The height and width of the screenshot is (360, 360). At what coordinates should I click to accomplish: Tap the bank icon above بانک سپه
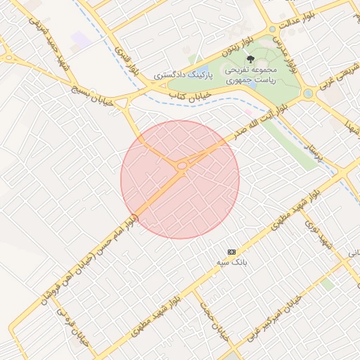pos(231,251)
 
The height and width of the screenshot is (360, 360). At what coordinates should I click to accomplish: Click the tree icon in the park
pos(250,60)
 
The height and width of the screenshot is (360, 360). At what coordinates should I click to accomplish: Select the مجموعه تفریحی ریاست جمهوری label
pos(251,75)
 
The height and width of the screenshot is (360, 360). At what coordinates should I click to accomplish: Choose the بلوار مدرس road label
pos(281,47)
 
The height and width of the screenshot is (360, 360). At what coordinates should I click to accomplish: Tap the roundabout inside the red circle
pos(181,166)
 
